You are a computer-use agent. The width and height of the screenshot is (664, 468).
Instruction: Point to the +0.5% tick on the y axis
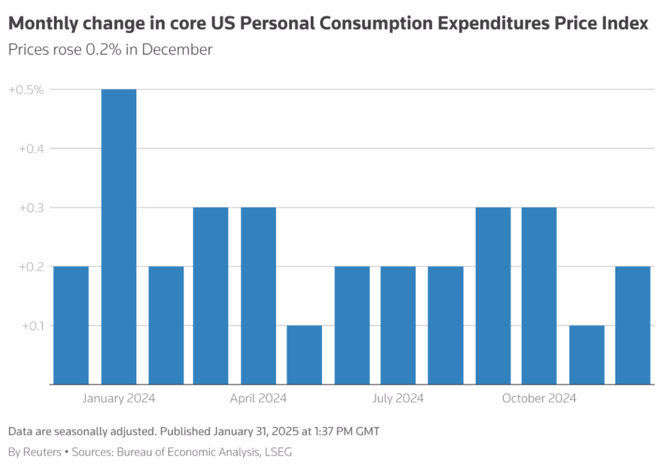tap(26, 89)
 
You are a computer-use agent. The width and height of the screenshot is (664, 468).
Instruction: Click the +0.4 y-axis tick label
tap(30, 148)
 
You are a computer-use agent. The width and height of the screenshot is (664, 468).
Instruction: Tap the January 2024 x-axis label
tap(119, 398)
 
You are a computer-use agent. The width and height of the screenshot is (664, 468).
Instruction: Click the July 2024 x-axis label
tap(398, 398)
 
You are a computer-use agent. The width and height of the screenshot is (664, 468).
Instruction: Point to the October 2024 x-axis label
tap(539, 398)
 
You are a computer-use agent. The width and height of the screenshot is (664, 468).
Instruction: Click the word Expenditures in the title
tap(493, 24)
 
